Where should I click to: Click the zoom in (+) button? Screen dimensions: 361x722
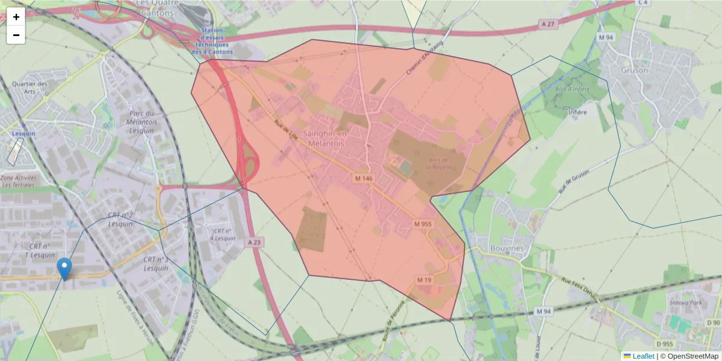[16, 17]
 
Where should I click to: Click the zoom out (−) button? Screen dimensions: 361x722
[16, 35]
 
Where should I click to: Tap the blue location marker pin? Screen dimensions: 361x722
[64, 268]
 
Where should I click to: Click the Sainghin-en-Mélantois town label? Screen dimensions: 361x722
[324, 139]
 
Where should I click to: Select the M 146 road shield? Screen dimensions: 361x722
[364, 179]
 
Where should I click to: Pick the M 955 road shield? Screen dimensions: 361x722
[423, 224]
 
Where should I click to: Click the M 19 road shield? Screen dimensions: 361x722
[424, 280]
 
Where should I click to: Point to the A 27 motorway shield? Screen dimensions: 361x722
[546, 23]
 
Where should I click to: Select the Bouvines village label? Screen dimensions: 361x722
[507, 248]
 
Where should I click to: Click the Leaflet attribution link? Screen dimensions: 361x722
[643, 356]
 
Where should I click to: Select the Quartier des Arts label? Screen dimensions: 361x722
[29, 88]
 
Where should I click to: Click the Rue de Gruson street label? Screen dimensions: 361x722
[572, 180]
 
